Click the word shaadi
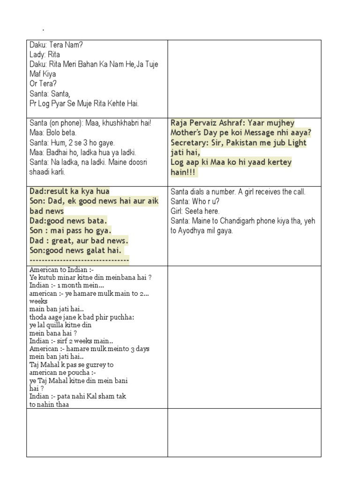[40, 172]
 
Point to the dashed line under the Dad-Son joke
[79, 260]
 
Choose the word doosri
[135, 162]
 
